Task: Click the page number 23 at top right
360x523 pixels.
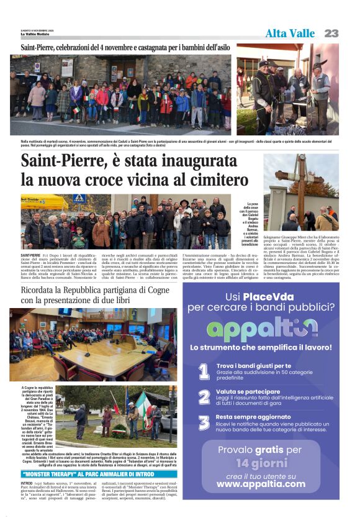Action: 331,33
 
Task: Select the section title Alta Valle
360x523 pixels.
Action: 290,34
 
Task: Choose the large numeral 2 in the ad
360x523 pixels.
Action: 204,397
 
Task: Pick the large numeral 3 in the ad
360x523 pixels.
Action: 204,422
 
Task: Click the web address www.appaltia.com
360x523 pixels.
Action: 261,484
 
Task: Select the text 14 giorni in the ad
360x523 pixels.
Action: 261,462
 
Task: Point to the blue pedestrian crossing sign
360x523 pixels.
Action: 79,199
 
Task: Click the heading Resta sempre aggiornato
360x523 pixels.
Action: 253,417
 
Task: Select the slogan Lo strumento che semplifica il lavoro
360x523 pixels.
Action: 261,347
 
